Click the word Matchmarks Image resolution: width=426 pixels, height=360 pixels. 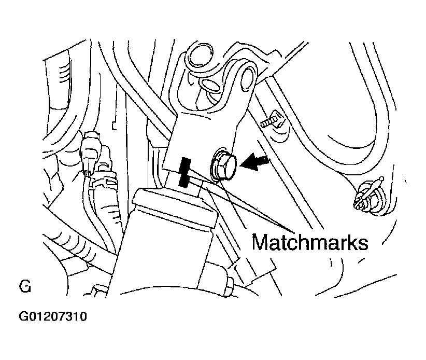click(310, 242)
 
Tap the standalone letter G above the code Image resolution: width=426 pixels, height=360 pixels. click(24, 286)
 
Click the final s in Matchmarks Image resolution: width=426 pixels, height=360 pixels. click(362, 243)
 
